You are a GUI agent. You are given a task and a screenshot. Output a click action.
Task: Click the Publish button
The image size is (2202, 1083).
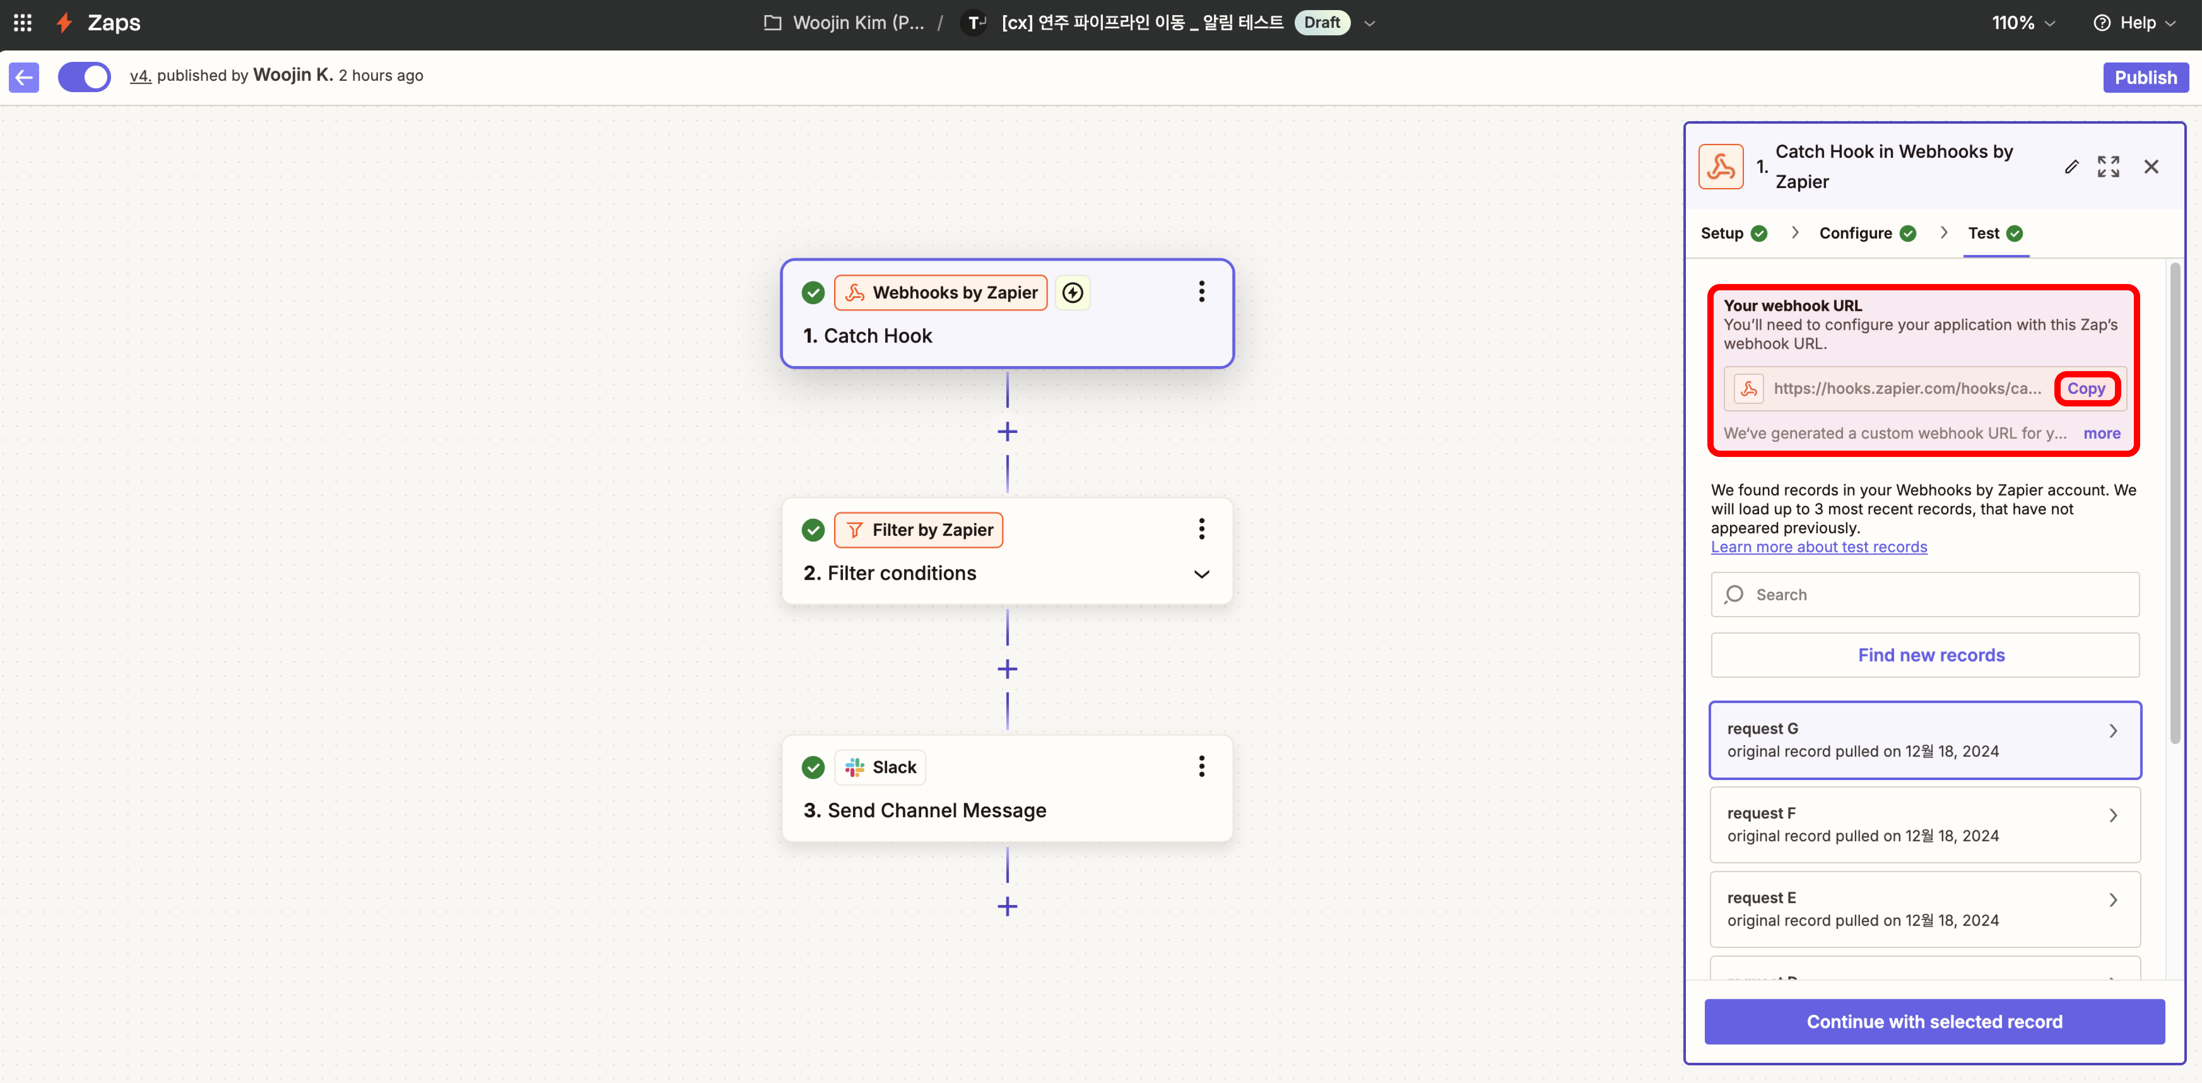pyautogui.click(x=2146, y=77)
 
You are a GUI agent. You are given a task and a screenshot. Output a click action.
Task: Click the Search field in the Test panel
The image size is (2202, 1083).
pyautogui.click(x=1925, y=594)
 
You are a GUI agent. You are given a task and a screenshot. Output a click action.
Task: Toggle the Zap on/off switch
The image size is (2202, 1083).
pyautogui.click(x=84, y=77)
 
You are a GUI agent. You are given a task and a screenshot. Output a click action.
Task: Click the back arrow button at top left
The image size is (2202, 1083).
pyautogui.click(x=24, y=77)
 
